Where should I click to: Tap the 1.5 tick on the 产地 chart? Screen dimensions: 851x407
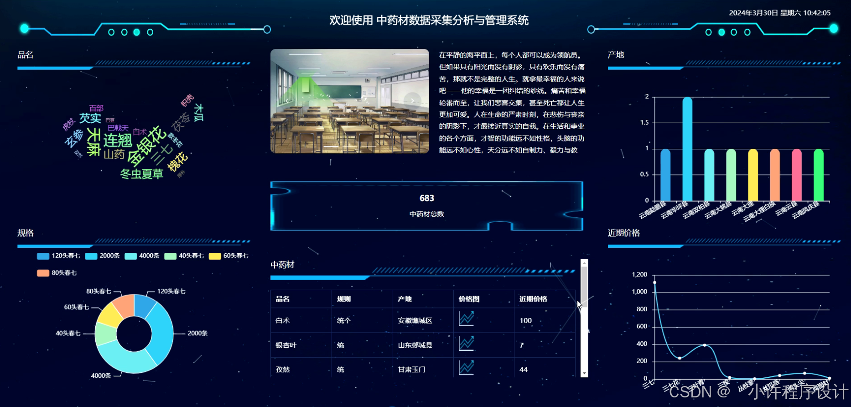point(644,123)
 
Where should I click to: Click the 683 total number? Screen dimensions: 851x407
point(427,198)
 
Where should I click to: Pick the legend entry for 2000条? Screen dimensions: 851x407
point(103,256)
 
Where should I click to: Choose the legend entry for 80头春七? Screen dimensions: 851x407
point(57,273)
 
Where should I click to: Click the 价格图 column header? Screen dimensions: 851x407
point(469,299)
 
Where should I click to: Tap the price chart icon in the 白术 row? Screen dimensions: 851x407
point(466,318)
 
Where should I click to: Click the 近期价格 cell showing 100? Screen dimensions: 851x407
point(525,321)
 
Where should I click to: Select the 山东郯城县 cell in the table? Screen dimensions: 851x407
point(415,345)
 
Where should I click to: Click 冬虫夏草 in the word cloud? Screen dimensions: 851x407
point(141,174)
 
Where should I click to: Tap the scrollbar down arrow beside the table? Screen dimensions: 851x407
point(584,374)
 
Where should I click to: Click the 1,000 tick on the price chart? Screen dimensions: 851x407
point(639,292)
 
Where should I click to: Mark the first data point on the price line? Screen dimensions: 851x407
point(654,282)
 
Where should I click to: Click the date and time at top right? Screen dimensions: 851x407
point(779,13)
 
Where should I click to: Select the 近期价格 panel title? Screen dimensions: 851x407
point(623,233)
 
